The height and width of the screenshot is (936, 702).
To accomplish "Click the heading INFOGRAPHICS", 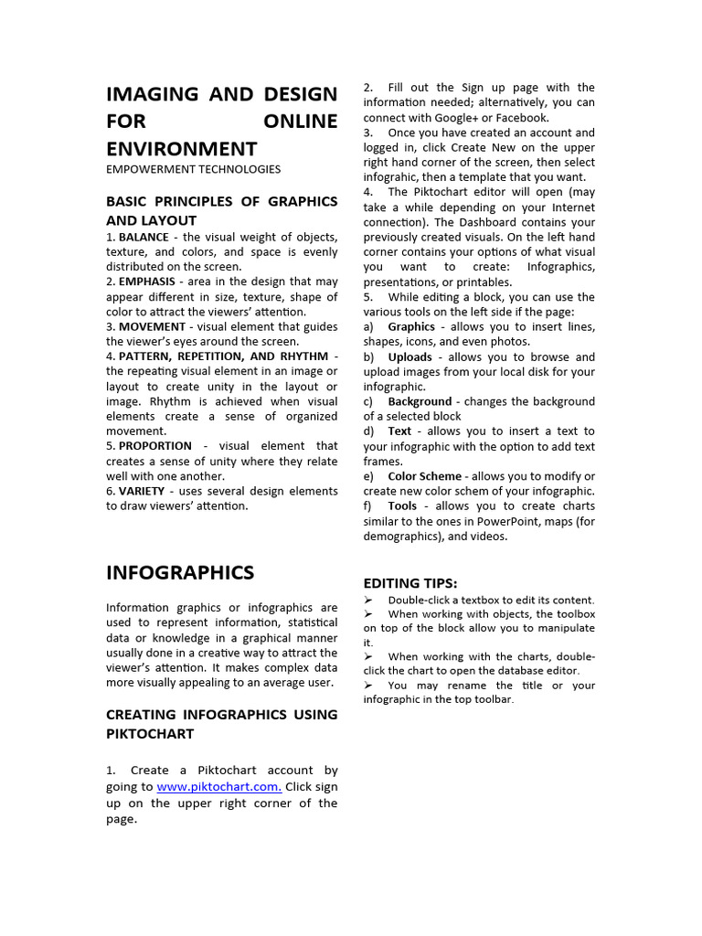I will point(180,573).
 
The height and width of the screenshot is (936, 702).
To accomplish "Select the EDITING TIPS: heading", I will point(409,583).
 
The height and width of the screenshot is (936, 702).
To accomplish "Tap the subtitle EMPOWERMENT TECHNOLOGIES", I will point(193,169).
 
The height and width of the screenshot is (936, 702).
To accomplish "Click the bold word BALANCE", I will point(144,237).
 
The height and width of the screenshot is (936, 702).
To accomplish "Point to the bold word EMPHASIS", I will point(146,282).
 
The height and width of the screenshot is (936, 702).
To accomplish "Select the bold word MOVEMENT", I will point(152,326).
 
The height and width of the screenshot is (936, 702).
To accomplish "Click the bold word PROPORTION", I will point(155,446).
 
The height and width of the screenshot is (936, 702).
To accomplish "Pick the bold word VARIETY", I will point(142,491).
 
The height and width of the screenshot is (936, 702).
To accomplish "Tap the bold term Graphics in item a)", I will point(411,326).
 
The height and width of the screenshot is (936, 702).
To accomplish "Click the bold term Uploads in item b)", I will point(409,356).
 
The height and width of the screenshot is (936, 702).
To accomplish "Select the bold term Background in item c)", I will point(420,401).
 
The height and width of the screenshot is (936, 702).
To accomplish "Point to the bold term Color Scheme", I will point(424,476).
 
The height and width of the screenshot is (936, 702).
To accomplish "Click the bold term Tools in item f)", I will point(402,505).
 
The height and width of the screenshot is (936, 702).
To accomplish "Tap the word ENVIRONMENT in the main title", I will point(181,148).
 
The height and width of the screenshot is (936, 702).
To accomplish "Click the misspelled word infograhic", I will point(391,177).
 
